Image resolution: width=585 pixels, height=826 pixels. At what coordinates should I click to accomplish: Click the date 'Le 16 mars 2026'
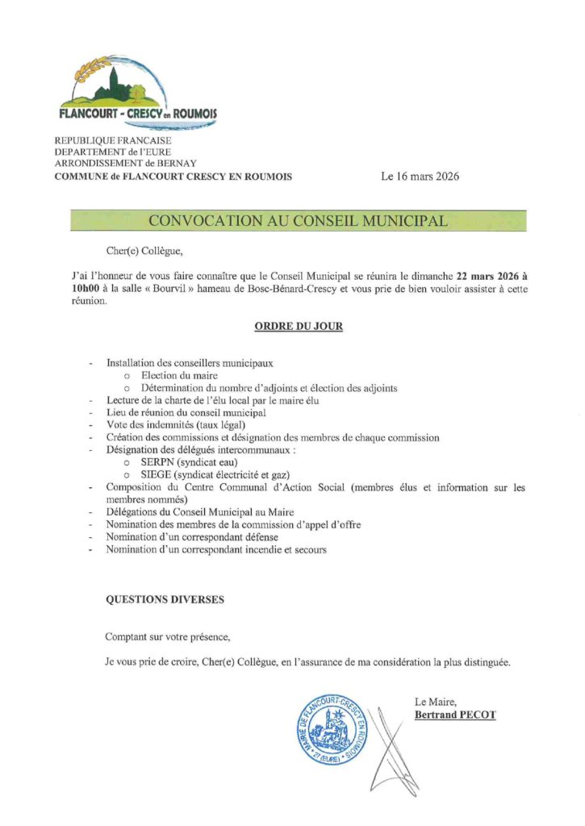[420, 177]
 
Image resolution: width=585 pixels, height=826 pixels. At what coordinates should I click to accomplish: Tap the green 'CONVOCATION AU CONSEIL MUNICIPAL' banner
[298, 221]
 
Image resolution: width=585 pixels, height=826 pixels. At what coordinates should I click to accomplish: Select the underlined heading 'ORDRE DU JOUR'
[298, 327]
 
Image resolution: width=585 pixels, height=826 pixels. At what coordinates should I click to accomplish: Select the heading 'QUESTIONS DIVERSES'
[165, 600]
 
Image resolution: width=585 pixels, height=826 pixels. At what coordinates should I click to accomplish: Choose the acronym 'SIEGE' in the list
[155, 475]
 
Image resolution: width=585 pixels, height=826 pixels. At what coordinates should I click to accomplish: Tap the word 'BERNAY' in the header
[183, 164]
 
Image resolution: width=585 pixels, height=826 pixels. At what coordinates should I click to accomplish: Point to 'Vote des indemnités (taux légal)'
[176, 425]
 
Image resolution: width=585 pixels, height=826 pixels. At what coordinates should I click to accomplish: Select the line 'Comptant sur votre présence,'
[167, 637]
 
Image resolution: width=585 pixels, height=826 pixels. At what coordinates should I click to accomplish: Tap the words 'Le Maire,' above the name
[435, 701]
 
